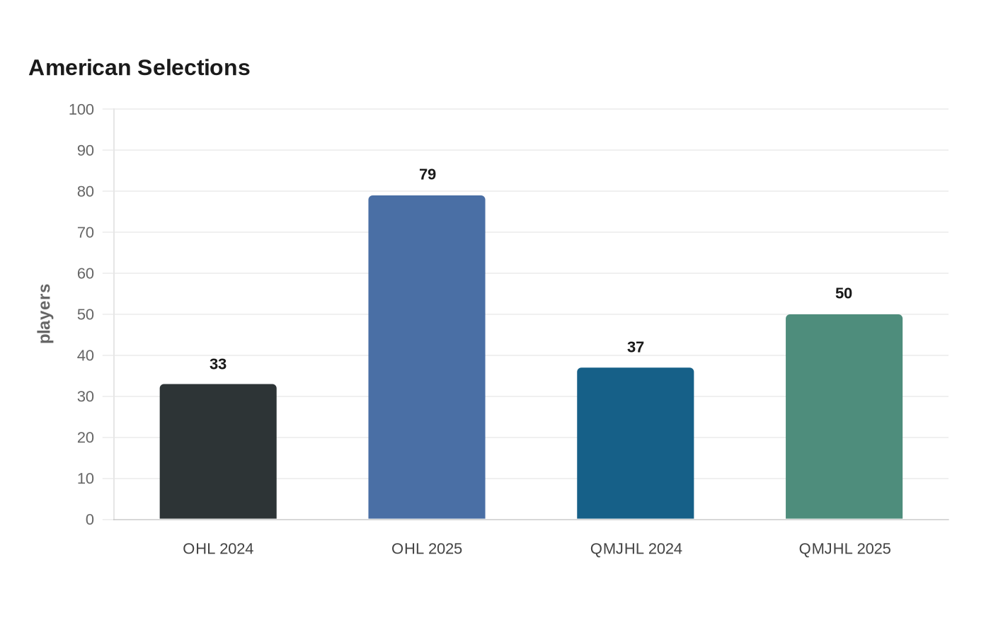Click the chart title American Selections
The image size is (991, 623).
pyautogui.click(x=139, y=68)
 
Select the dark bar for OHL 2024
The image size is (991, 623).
pyautogui.click(x=218, y=452)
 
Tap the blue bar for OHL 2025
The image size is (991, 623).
pyautogui.click(x=427, y=357)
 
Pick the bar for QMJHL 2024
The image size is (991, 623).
pyautogui.click(x=636, y=443)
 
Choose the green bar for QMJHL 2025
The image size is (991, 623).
pyautogui.click(x=844, y=416)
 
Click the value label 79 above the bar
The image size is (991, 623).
pyautogui.click(x=428, y=174)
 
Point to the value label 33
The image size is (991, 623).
pyautogui.click(x=218, y=364)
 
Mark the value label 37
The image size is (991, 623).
pyautogui.click(x=636, y=348)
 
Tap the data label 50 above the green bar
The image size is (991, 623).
pyautogui.click(x=844, y=293)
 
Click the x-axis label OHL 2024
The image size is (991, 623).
pyautogui.click(x=218, y=549)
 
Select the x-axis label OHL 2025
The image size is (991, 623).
pyautogui.click(x=427, y=549)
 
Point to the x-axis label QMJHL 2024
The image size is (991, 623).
pyautogui.click(x=636, y=549)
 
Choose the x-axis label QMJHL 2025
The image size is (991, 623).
pyautogui.click(x=844, y=549)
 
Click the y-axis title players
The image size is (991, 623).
pyautogui.click(x=45, y=314)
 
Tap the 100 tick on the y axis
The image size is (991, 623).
pyautogui.click(x=81, y=109)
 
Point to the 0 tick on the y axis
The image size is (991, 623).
pyautogui.click(x=90, y=520)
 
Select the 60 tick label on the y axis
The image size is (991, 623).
pyautogui.click(x=86, y=273)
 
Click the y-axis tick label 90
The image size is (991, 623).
pyautogui.click(x=86, y=150)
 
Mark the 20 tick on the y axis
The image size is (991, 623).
pyautogui.click(x=86, y=438)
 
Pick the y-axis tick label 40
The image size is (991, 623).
pyautogui.click(x=86, y=355)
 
